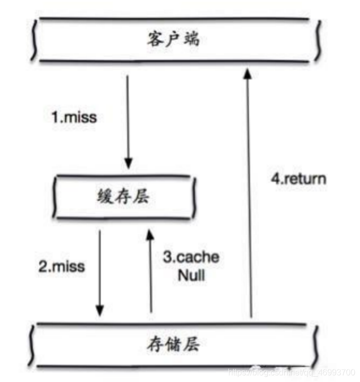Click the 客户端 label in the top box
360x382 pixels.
tap(172, 40)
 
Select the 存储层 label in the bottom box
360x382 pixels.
tap(173, 343)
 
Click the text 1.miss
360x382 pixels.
tap(74, 117)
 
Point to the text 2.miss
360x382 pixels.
tap(61, 267)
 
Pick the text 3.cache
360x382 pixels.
tap(191, 257)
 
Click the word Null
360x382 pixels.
tap(191, 275)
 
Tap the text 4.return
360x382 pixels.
tap(298, 179)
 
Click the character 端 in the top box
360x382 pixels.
tap(192, 40)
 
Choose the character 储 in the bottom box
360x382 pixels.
tap(173, 343)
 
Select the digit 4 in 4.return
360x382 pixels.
tap(274, 179)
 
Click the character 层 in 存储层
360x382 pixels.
tap(192, 343)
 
